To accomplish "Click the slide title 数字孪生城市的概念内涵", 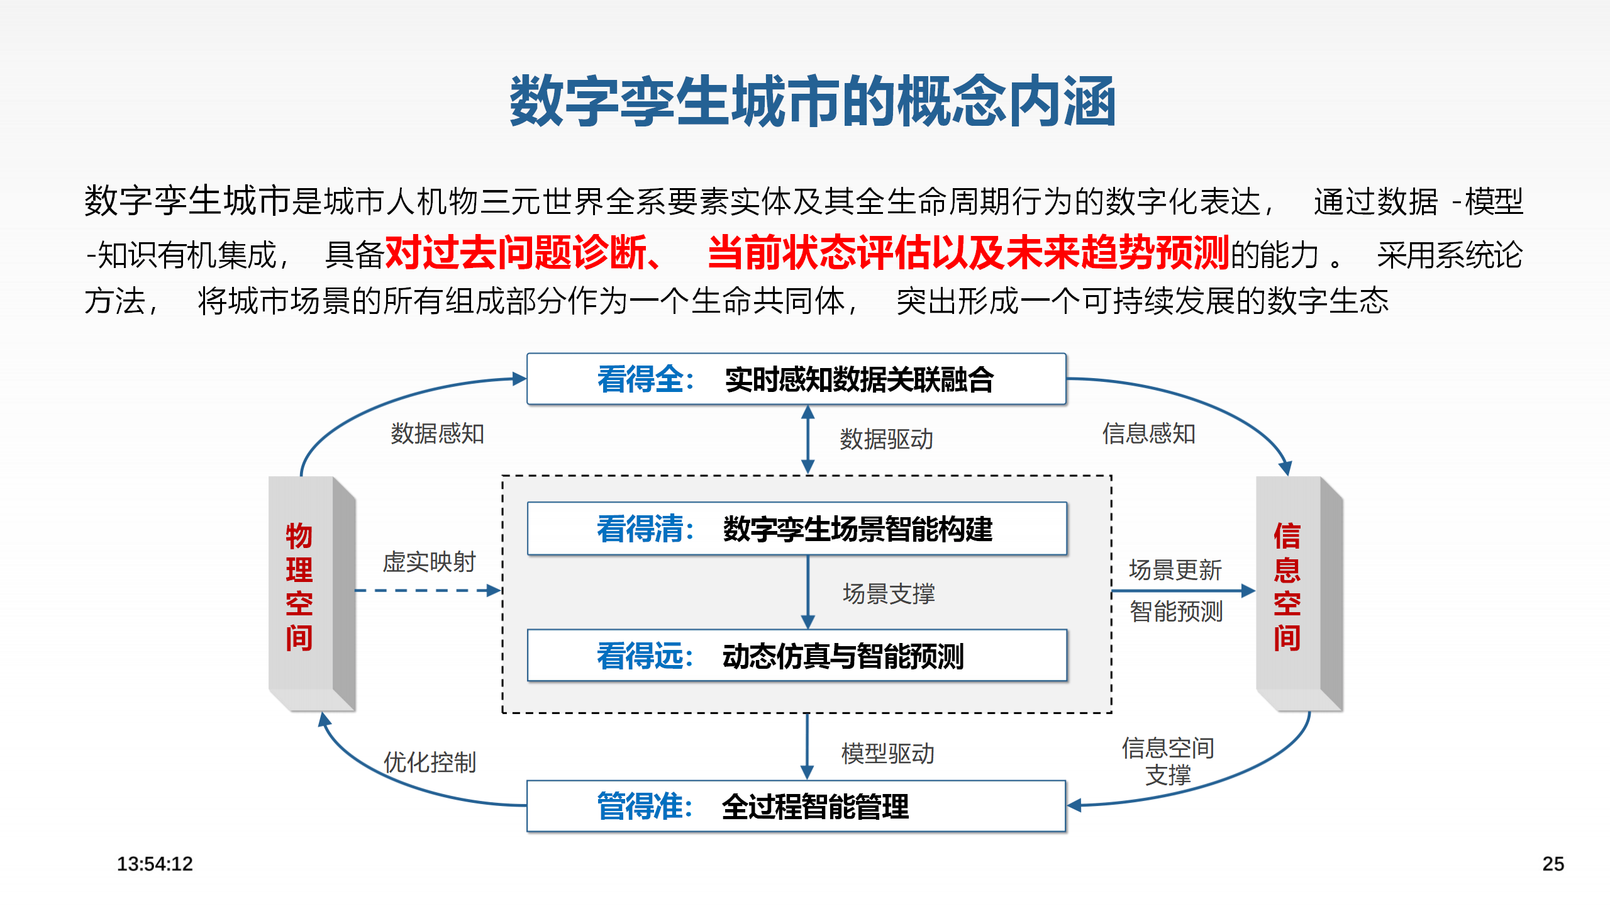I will [x=812, y=101].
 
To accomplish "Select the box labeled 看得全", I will [x=796, y=379].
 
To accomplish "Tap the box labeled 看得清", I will [x=796, y=528].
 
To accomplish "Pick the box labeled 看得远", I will [x=796, y=656].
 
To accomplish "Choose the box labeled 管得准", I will [x=796, y=807].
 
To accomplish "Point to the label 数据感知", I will [x=437, y=433].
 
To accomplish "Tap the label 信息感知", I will [x=1148, y=433].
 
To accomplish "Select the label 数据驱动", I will [x=886, y=439].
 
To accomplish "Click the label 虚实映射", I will [x=429, y=562].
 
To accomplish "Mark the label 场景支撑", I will [x=889, y=594].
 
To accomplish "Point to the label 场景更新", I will [x=1175, y=570].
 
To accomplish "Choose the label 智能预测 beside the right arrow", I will [x=1175, y=612].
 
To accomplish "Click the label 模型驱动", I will [x=887, y=754].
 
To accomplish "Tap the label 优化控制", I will [x=430, y=763].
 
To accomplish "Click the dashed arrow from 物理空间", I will [x=428, y=591].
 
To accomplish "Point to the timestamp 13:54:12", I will [x=155, y=864].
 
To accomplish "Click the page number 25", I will [x=1553, y=864].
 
